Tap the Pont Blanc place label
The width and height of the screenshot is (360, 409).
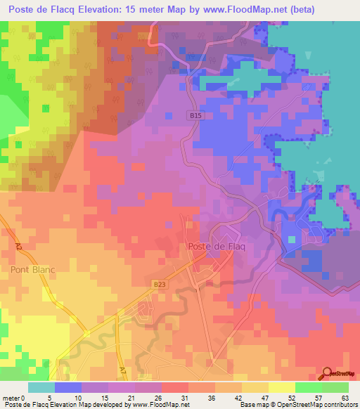(33, 269)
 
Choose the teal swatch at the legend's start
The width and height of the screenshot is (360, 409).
(41, 387)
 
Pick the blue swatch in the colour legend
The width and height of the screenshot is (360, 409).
(68, 387)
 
